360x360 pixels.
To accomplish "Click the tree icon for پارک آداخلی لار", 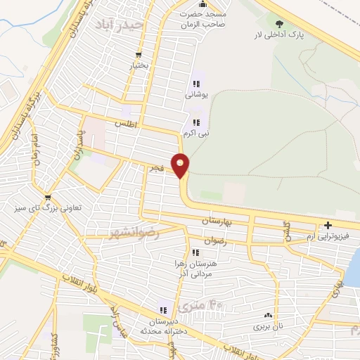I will [279, 25].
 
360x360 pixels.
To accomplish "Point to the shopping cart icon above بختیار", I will [139, 53].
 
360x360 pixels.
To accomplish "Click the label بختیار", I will [139, 65].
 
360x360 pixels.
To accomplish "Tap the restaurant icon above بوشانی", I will [196, 84].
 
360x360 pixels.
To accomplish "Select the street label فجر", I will [155, 169].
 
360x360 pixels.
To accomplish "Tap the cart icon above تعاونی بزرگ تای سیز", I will [48, 198].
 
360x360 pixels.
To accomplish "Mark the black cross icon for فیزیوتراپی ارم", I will [328, 226].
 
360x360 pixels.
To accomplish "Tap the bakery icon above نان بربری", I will [267, 316].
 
